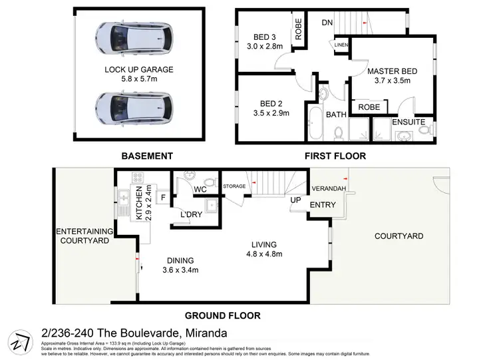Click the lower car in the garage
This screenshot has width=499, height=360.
click(134, 106)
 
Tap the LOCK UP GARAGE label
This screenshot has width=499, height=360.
click(139, 69)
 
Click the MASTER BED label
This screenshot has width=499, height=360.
click(393, 71)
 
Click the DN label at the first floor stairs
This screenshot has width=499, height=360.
click(327, 22)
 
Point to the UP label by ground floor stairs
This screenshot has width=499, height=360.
click(295, 199)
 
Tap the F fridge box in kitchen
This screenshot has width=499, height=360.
click(163, 198)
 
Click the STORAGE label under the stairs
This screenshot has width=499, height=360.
click(234, 186)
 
